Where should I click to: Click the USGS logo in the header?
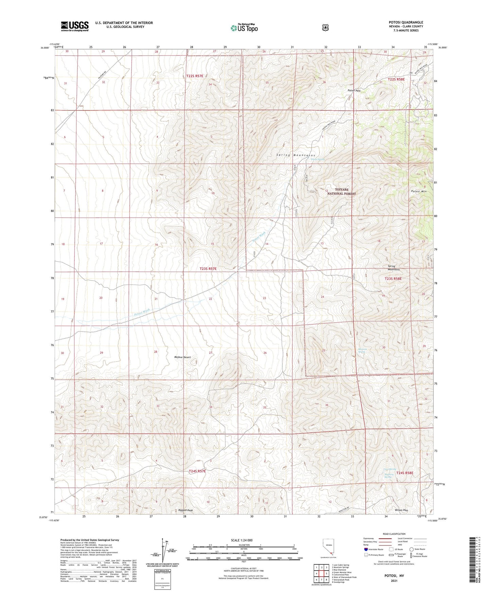[75, 26]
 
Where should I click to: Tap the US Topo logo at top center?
[244, 28]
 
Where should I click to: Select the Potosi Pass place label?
[354, 91]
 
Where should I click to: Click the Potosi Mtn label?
[419, 191]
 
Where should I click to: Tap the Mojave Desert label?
[182, 357]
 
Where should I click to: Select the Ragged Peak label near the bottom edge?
[186, 510]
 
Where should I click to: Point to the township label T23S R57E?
[208, 269]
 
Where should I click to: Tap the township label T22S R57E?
[195, 76]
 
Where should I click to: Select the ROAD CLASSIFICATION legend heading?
[394, 534]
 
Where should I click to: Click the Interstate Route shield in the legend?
[366, 549]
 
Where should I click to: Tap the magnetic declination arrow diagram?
[164, 550]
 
